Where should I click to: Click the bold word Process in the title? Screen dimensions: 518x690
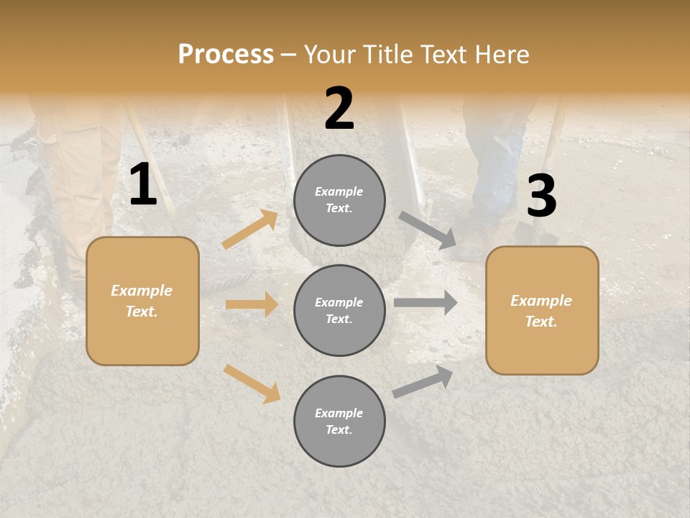(x=226, y=55)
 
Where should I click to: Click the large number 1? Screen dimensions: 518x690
(x=143, y=185)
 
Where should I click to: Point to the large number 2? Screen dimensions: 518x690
(x=339, y=109)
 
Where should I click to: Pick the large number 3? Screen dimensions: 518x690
(x=541, y=196)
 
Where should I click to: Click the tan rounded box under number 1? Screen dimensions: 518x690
(x=142, y=301)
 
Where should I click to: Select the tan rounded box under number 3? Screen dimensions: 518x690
(x=542, y=311)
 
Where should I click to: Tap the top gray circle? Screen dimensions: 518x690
(x=339, y=200)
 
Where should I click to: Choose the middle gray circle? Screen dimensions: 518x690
(x=339, y=311)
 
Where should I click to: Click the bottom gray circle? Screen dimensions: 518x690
(x=339, y=422)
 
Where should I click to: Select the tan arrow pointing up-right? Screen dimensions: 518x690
(x=250, y=230)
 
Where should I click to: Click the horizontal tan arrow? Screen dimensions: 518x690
(x=252, y=304)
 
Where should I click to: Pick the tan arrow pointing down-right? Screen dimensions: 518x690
(x=252, y=383)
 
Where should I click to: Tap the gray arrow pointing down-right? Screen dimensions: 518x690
(x=428, y=230)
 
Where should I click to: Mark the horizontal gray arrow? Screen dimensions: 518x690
(x=425, y=303)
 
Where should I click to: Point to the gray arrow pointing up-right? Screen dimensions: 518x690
(x=423, y=382)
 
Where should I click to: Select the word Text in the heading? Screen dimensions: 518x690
(x=446, y=55)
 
